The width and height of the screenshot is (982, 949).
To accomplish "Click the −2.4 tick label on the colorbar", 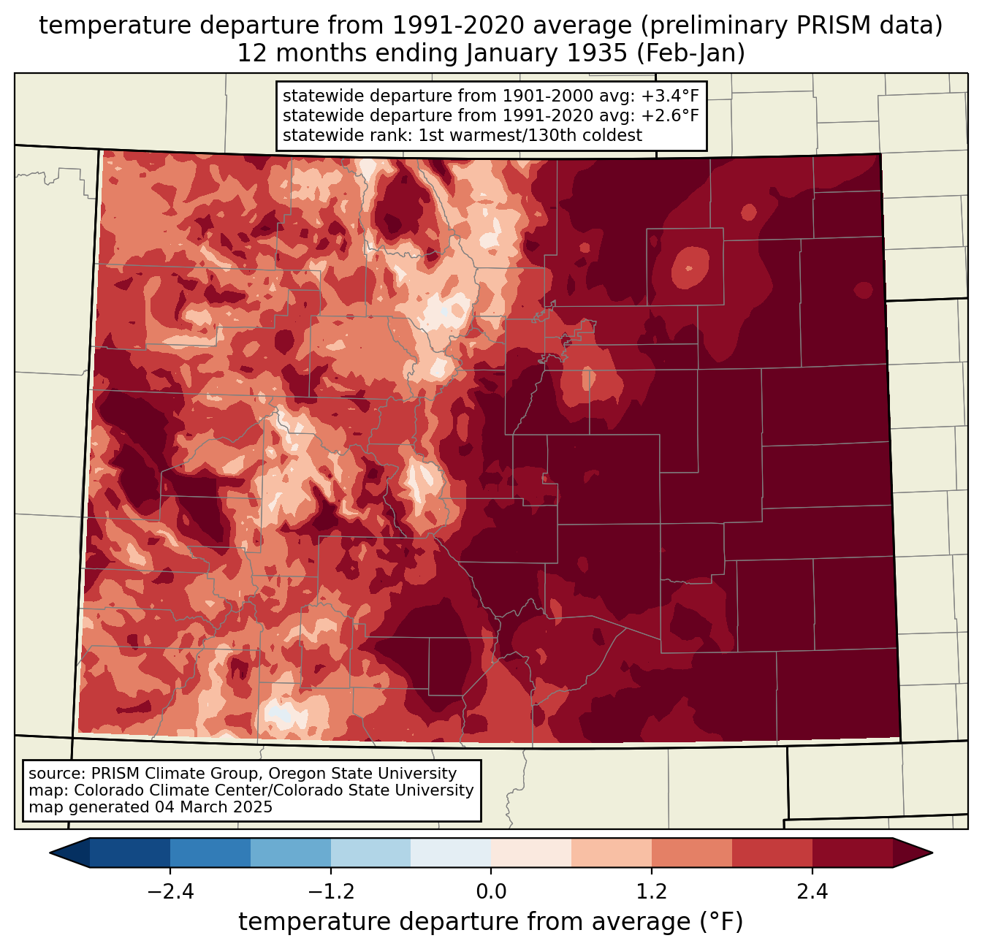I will (170, 892).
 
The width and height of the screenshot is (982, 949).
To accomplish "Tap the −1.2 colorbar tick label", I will (331, 892).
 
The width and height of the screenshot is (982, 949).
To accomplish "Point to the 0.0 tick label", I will (491, 892).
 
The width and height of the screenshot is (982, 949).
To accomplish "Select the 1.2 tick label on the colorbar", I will (652, 892).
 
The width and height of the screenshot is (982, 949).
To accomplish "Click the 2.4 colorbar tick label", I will (812, 892).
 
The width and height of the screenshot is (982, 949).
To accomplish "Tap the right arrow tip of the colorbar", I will (930, 853).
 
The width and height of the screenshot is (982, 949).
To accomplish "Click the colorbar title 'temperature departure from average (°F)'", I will (491, 922).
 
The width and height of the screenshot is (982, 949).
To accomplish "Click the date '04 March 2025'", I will (213, 807).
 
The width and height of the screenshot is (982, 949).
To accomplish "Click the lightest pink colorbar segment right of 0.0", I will (531, 853).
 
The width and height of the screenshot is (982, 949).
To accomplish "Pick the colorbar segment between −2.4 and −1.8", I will (210, 853).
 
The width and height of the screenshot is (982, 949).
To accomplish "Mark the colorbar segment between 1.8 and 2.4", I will (772, 853).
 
